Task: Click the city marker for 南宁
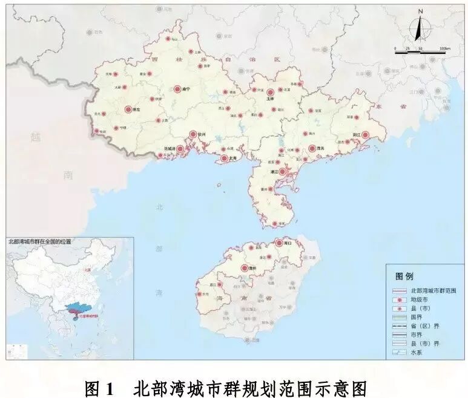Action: coord(178,89)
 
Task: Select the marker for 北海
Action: coord(225,158)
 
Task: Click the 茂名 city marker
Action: coord(312,148)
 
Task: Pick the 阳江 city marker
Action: coord(365,135)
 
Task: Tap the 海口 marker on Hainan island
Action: coord(280,243)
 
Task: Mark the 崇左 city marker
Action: coord(128,109)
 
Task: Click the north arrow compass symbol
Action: coord(420,27)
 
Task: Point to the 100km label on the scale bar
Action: coord(445,48)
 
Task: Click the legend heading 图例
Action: coord(404,276)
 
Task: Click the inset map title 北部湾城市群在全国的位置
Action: coord(39,241)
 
